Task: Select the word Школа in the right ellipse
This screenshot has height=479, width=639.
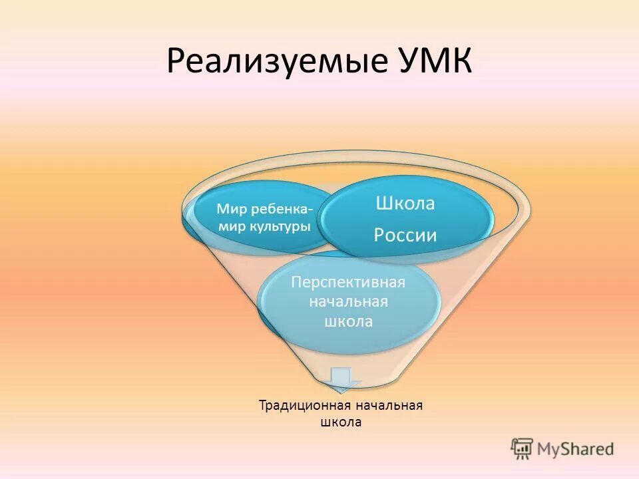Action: coord(405,204)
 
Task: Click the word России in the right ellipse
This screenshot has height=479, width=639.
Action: coord(405,235)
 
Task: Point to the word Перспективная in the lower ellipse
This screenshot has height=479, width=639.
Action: coord(348,282)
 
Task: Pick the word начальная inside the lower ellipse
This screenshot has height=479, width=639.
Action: coord(347,302)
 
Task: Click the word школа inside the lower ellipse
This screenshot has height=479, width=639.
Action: coord(347,321)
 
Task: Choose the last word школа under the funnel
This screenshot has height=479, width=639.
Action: coord(340,422)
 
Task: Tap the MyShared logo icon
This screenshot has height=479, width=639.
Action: coord(522,448)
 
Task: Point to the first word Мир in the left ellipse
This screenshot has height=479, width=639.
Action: coord(230,210)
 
